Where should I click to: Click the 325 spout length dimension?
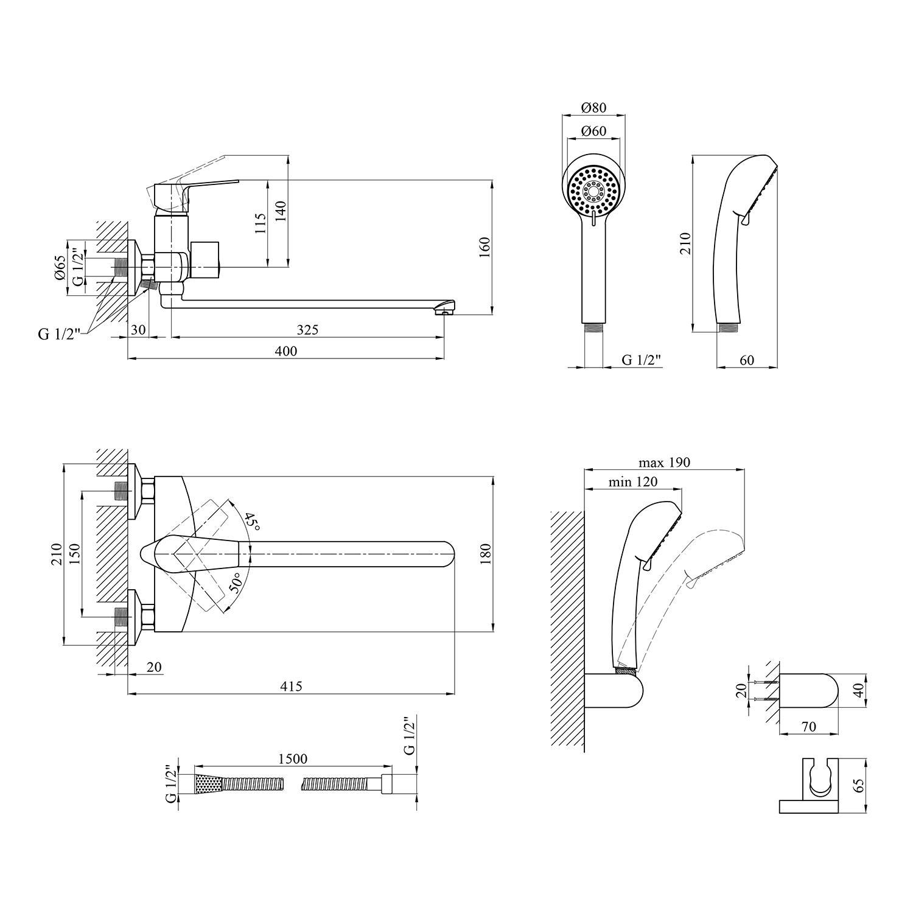tap(308, 330)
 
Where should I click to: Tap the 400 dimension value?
tap(286, 351)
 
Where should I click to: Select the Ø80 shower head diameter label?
tap(593, 108)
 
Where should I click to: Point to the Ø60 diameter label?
tap(593, 131)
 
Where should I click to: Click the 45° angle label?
tap(251, 522)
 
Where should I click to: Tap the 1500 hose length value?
tap(293, 758)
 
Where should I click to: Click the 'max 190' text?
tap(664, 463)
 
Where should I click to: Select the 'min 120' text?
tap(633, 482)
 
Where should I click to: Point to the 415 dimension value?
tap(292, 686)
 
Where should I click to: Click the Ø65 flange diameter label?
tap(60, 267)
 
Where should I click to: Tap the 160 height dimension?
tap(484, 248)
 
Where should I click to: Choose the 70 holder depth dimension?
tap(809, 727)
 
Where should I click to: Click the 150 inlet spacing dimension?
tap(74, 554)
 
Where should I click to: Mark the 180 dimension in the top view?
tap(484, 553)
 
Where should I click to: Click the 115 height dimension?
tap(261, 223)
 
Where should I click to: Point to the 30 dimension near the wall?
tap(138, 330)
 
